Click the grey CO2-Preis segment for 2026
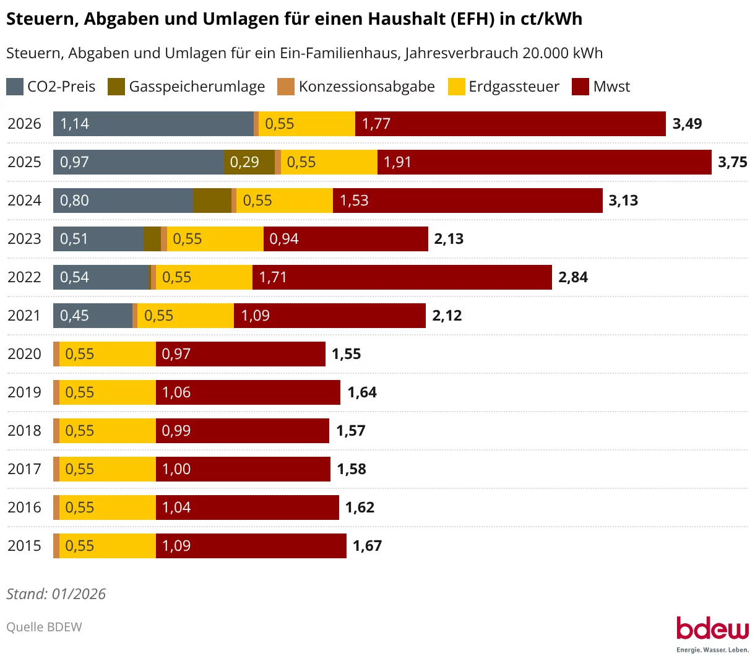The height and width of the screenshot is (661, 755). pos(153,124)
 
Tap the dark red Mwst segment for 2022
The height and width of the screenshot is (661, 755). pos(402,277)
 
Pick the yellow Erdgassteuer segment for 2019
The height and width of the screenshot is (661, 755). pos(108,392)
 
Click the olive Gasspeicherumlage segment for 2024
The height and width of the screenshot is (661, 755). pos(212,201)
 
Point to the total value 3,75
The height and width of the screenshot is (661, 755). pos(733,162)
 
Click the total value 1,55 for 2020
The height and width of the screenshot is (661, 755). pos(347,354)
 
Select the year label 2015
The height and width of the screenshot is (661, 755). pos(24,546)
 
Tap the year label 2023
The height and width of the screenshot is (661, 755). pos(24,239)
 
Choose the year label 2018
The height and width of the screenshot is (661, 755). pos(24,431)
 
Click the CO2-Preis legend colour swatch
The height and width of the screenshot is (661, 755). pos(15,87)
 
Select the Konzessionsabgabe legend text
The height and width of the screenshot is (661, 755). pos(366,87)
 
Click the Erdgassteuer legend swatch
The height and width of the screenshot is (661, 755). pos(457,87)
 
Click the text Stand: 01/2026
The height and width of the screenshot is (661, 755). pos(56,594)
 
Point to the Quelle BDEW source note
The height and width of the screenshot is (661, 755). pos(44,627)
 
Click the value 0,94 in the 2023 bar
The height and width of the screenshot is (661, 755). pos(284,239)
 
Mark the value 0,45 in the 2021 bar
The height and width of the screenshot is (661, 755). pos(74,316)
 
